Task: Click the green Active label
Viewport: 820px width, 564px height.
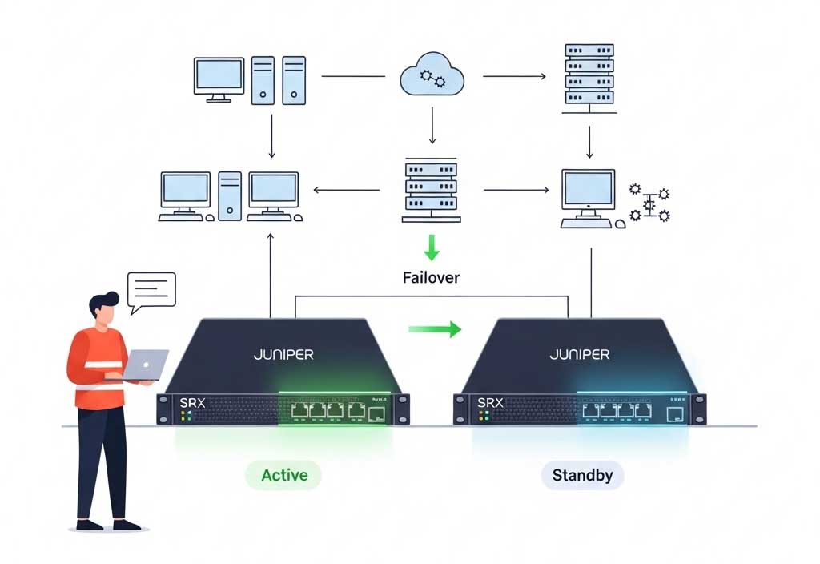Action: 283,475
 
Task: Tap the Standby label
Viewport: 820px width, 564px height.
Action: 582,475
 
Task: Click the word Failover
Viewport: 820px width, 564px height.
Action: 431,278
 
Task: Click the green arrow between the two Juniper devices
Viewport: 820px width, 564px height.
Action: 435,328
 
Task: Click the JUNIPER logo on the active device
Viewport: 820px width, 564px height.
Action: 283,353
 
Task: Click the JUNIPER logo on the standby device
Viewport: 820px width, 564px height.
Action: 579,353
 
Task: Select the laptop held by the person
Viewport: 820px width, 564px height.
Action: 144,365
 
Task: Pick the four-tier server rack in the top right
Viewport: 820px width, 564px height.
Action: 589,75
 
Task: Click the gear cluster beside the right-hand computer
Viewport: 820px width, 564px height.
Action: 649,203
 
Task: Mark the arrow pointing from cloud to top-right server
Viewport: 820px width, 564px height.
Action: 514,77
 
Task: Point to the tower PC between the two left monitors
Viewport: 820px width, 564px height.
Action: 230,195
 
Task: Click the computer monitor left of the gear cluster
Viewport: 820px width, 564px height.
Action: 588,192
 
